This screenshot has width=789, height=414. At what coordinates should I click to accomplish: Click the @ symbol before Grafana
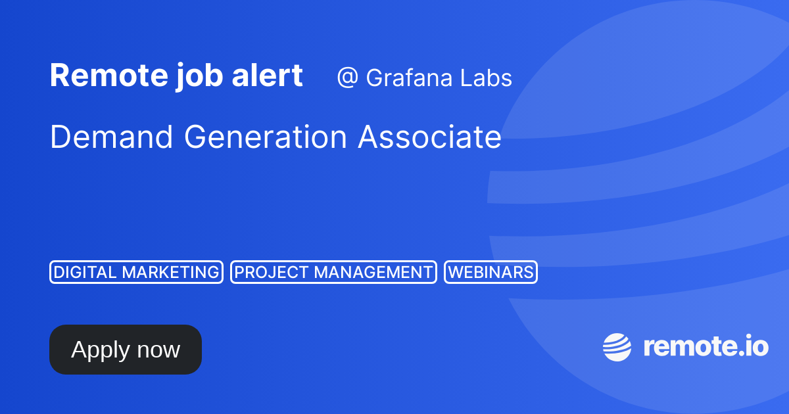347,78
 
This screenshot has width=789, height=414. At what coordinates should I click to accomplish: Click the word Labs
485,78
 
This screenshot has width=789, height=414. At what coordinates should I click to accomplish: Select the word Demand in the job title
112,137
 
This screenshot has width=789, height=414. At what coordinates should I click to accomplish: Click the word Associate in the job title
429,137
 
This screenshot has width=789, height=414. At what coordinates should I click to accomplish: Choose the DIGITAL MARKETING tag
137,272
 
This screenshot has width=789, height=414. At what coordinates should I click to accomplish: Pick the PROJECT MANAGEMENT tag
333,272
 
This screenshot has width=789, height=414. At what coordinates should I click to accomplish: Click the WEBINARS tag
491,272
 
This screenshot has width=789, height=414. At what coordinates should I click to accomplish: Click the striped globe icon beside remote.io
617,347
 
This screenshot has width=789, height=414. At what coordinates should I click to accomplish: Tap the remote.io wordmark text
705,346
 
